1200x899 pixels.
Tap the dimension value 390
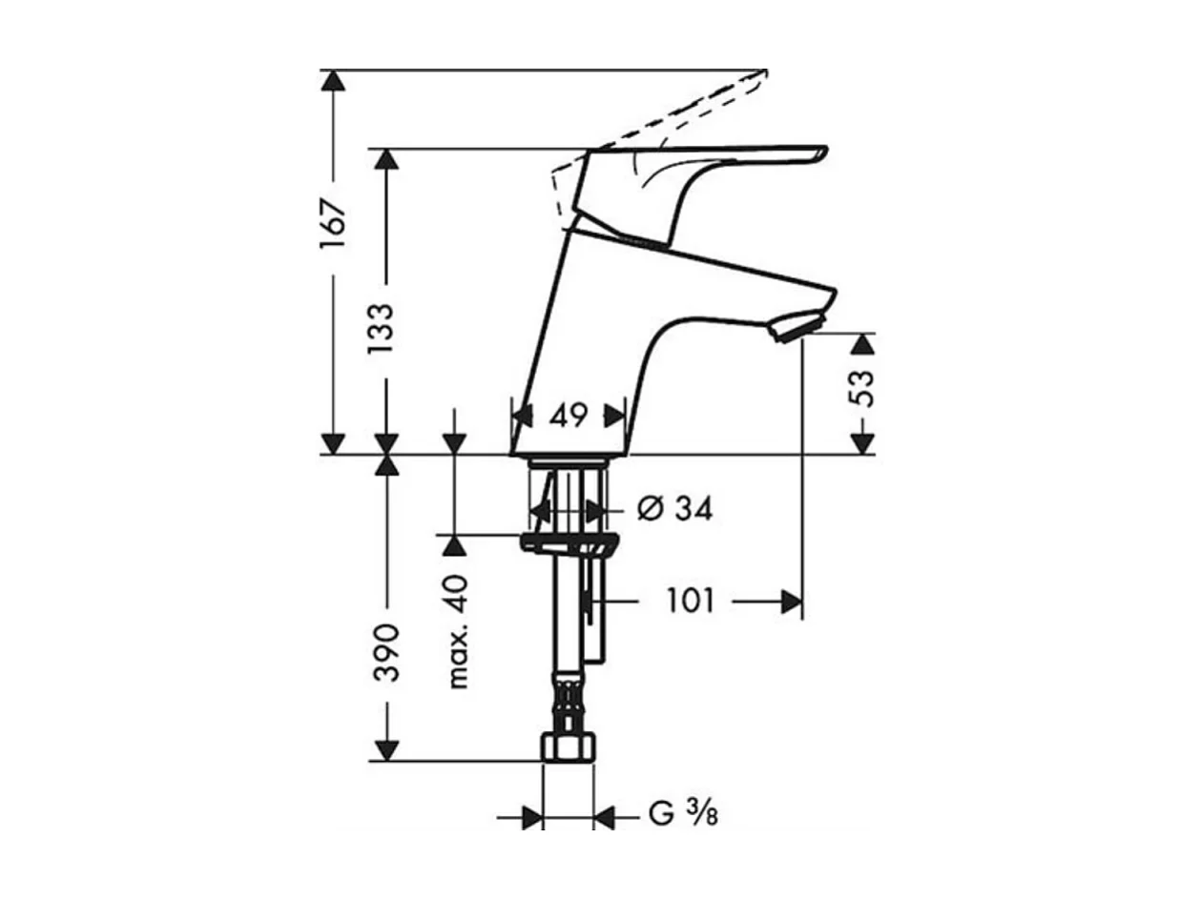[385, 653]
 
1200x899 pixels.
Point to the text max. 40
[458, 632]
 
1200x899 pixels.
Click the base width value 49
[568, 416]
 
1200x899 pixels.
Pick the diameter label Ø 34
[673, 509]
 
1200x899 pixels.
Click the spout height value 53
[861, 388]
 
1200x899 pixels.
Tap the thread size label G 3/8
[683, 815]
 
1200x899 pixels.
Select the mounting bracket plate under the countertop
[569, 543]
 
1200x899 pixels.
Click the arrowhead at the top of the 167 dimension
[332, 81]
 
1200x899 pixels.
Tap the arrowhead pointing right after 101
[790, 602]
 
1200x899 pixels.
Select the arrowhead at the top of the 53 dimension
[861, 344]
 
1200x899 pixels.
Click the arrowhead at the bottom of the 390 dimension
[385, 750]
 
